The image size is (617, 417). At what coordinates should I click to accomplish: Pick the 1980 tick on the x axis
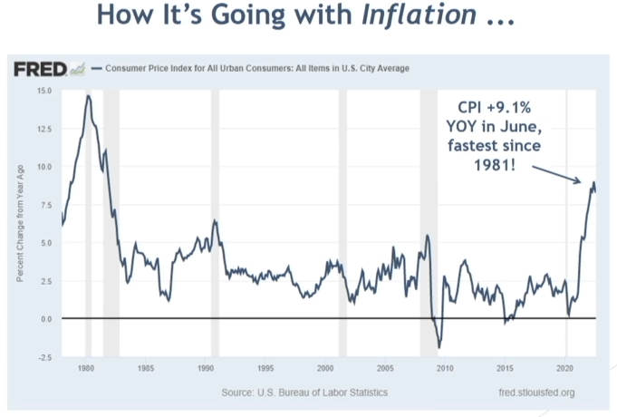86,369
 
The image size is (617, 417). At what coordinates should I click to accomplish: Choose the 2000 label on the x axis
325,369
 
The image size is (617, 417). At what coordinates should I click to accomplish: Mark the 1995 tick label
265,369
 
